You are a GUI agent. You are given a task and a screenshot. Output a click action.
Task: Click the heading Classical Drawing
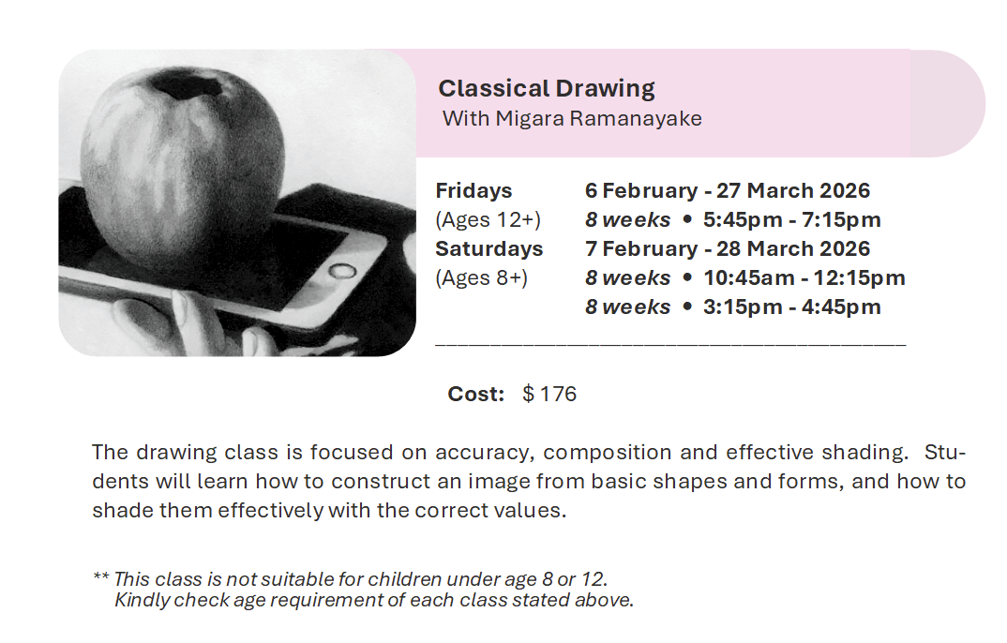point(547,88)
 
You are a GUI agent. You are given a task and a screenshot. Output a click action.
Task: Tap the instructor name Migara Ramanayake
point(598,119)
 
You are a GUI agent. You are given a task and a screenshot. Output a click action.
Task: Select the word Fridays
point(473,190)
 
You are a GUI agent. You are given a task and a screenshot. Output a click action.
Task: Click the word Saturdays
point(489,248)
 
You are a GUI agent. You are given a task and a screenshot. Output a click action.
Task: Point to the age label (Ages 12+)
point(488,220)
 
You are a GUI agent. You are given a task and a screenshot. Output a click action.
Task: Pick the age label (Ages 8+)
point(482,277)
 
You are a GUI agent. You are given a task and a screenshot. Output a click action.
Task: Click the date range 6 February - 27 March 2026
point(728,190)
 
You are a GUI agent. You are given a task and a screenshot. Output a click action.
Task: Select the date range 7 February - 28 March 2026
point(728,248)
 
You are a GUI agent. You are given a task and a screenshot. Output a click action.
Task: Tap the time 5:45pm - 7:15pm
point(792,220)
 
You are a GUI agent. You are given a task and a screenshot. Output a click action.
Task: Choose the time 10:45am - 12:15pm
point(804,277)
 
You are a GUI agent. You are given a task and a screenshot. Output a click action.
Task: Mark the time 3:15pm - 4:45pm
point(792,307)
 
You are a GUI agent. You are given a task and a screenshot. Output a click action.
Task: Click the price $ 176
point(549,394)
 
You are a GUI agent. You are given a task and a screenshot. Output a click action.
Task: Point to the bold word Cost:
point(476,394)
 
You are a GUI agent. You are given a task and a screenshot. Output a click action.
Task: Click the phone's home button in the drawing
point(342,271)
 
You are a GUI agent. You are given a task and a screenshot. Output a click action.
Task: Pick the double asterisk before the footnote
point(101,576)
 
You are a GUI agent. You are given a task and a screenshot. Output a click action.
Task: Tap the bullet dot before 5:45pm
point(687,219)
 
